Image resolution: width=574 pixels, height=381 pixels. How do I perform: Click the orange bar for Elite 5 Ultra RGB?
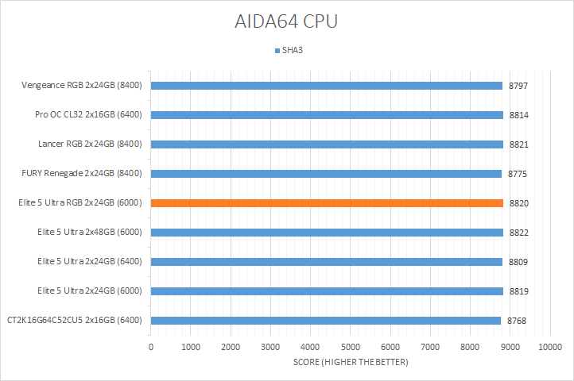coord(326,203)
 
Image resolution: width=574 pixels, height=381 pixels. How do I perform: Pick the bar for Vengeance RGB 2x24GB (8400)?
coord(326,86)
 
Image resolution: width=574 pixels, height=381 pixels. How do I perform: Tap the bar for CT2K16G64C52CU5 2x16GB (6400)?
coord(326,321)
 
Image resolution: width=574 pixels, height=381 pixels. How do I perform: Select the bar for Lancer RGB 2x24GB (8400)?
coord(326,144)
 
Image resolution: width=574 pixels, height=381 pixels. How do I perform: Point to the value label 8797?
coord(519,86)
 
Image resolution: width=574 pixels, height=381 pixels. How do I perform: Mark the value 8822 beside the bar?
coord(519,233)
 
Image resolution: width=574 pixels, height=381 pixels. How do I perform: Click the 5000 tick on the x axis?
coord(350,347)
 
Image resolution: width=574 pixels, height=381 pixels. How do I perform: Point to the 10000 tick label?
coord(549,347)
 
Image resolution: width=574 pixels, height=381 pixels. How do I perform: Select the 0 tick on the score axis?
coord(151,347)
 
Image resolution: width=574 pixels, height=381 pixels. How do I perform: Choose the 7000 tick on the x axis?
coord(430,347)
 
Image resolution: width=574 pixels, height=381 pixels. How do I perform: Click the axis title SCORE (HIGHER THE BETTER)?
coord(350,363)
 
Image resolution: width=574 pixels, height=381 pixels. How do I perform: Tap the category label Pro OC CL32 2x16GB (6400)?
coord(88,115)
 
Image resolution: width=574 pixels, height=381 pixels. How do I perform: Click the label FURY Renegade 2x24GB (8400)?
coord(82,174)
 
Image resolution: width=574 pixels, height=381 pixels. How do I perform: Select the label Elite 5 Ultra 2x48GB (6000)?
coord(89,233)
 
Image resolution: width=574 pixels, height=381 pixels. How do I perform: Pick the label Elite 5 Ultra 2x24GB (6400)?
coord(89,262)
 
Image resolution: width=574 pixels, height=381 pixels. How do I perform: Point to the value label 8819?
coord(519,291)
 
